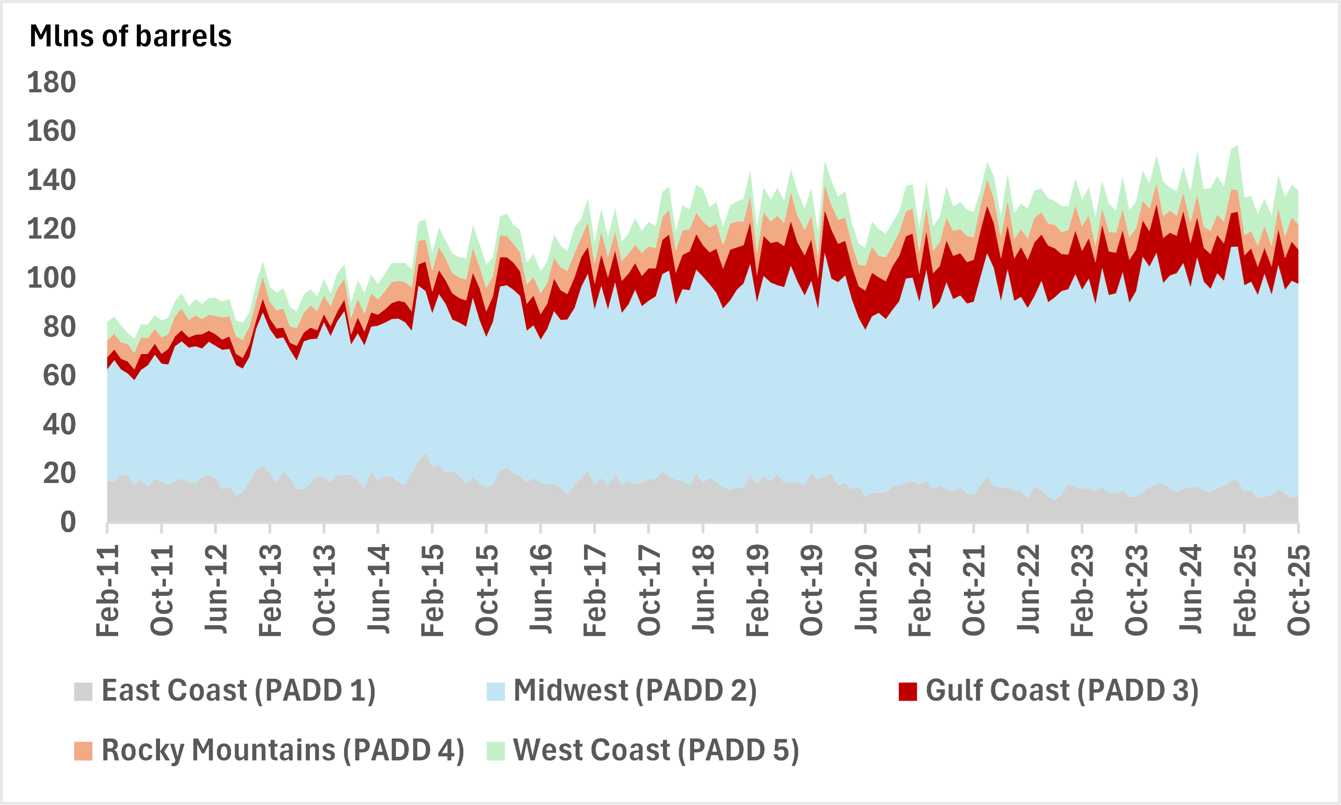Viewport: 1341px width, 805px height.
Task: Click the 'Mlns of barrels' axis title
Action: coord(130,36)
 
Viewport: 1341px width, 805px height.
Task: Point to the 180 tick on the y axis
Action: coord(52,83)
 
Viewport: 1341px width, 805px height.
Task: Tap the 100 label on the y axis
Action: coord(52,278)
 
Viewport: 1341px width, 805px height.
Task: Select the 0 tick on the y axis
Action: coord(68,522)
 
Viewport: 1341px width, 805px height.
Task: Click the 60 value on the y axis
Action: coord(59,376)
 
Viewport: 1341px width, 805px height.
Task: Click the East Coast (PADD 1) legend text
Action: coord(239,690)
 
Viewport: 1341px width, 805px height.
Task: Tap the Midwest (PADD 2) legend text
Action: coord(635,690)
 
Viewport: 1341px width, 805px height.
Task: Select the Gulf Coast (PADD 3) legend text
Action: coord(1062,690)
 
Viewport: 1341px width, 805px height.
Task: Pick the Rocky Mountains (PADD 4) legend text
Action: coord(283,750)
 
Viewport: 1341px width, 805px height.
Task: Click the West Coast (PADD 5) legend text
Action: coord(656,750)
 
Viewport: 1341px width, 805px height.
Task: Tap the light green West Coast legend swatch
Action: coord(496,751)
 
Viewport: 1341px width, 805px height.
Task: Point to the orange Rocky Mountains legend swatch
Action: coord(83,751)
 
